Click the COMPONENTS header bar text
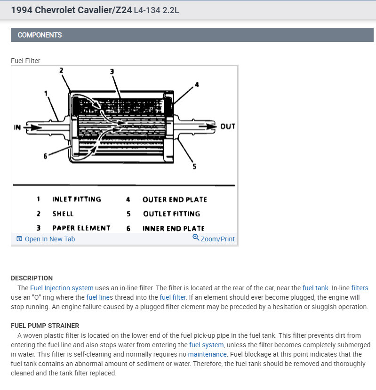pyautogui.click(x=40, y=35)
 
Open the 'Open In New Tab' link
pyautogui.click(x=49, y=239)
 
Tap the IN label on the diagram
pyautogui.click(x=18, y=127)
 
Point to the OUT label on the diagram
pyautogui.click(x=227, y=127)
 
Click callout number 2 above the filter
pyautogui.click(x=61, y=71)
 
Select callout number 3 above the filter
pyautogui.click(x=112, y=72)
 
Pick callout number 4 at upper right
pyautogui.click(x=197, y=85)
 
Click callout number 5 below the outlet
pyautogui.click(x=194, y=166)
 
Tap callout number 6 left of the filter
pyautogui.click(x=46, y=156)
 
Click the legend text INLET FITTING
pyautogui.click(x=76, y=199)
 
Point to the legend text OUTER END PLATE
pyautogui.click(x=175, y=199)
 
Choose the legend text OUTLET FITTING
pyautogui.click(x=171, y=214)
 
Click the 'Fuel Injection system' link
pyautogui.click(x=62, y=288)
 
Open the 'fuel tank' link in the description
pyautogui.click(x=315, y=288)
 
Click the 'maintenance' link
pyautogui.click(x=207, y=354)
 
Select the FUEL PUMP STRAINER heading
pyautogui.click(x=45, y=326)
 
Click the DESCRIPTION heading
pyautogui.click(x=32, y=278)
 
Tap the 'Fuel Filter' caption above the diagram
pyautogui.click(x=25, y=61)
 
